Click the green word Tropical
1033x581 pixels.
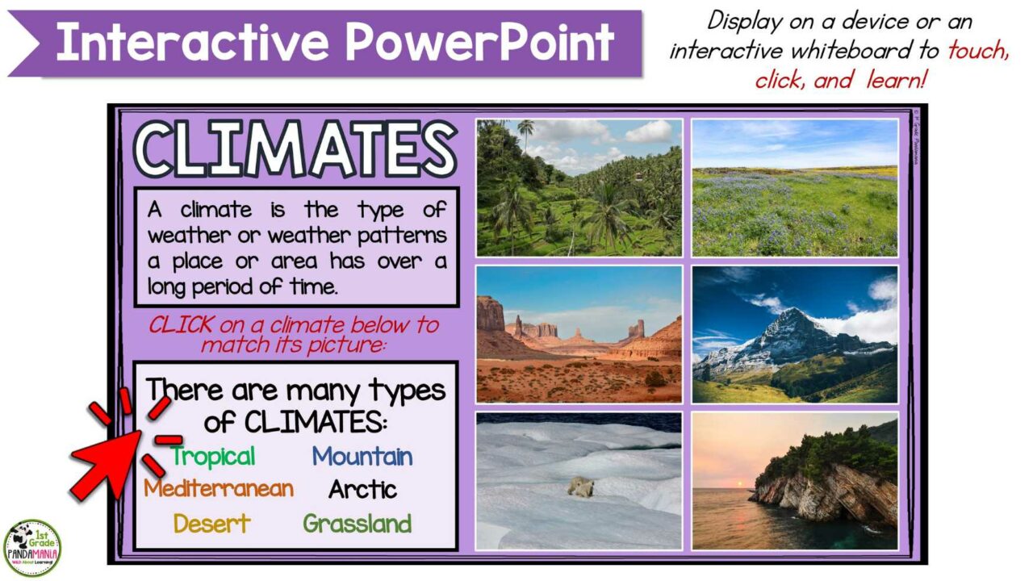pyautogui.click(x=213, y=457)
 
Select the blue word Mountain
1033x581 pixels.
pyautogui.click(x=362, y=457)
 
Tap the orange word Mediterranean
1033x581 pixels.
pyautogui.click(x=219, y=489)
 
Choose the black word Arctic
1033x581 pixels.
pyautogui.click(x=362, y=489)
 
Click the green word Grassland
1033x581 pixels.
pyautogui.click(x=358, y=524)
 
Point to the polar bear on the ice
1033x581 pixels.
pyautogui.click(x=579, y=486)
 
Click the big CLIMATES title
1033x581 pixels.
pyautogui.click(x=295, y=150)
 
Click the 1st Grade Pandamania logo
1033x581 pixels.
pyautogui.click(x=32, y=548)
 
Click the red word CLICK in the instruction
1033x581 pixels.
pyautogui.click(x=181, y=325)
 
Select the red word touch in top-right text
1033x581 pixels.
pyautogui.click(x=978, y=51)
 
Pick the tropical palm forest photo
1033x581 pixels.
pyautogui.click(x=579, y=187)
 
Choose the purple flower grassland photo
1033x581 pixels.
pyautogui.click(x=795, y=187)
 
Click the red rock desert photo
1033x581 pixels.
pyautogui.click(x=579, y=334)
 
